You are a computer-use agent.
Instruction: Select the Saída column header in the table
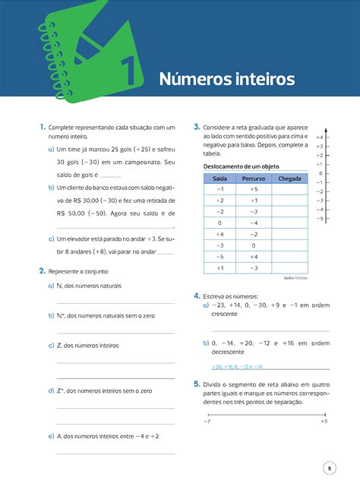point(219,179)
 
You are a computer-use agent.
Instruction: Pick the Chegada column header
point(289,179)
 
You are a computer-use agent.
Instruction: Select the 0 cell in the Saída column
point(219,223)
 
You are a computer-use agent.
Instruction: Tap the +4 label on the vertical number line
point(320,137)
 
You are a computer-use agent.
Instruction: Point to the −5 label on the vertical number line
point(320,218)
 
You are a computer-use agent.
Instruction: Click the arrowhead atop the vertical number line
point(327,129)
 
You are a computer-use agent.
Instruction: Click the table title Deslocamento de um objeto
point(236,166)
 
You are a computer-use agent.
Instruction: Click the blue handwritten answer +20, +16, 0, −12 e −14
point(237,366)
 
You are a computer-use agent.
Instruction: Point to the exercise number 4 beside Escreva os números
point(197,295)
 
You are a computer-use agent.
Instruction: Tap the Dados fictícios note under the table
point(295,278)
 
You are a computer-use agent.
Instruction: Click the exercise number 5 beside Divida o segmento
point(197,384)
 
